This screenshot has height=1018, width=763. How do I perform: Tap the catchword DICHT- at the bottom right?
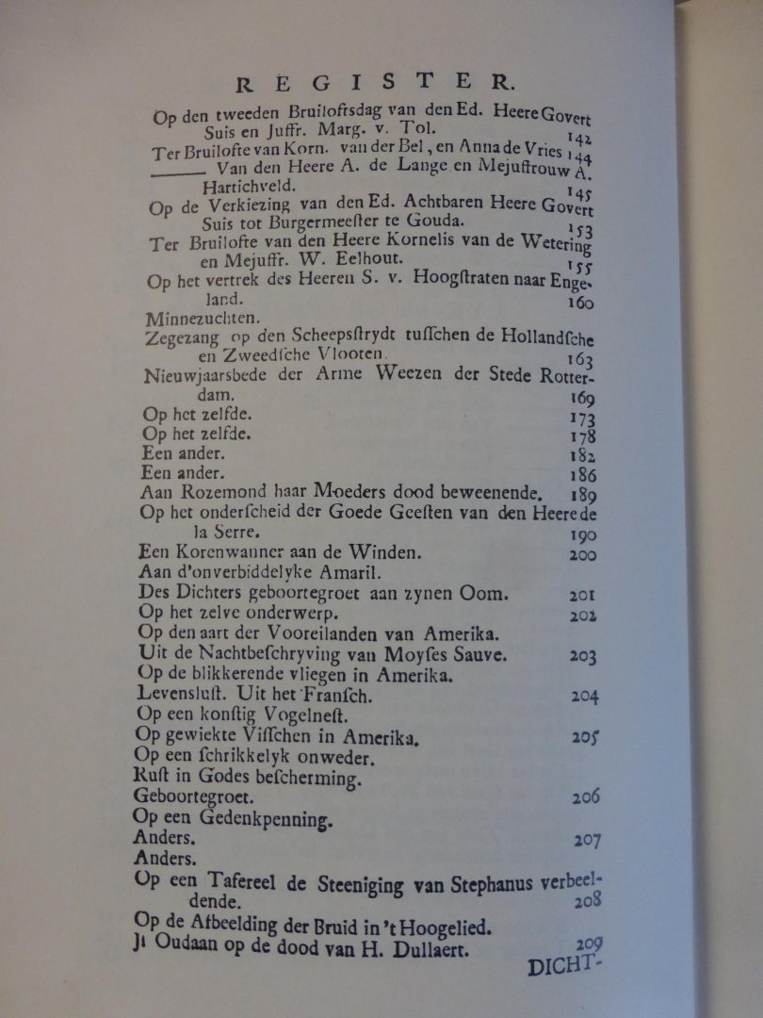[x=557, y=966]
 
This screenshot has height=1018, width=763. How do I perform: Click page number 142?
[x=579, y=139]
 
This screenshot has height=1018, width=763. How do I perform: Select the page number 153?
[x=582, y=228]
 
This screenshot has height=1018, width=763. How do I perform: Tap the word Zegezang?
[x=181, y=338]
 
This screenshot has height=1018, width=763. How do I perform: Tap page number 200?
[x=582, y=554]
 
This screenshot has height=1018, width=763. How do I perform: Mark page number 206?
[x=585, y=797]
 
